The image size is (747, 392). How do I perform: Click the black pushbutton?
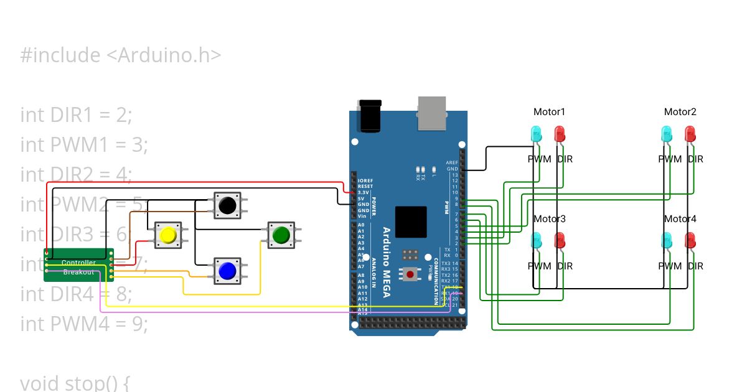227,205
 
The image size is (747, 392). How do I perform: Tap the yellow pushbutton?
167,235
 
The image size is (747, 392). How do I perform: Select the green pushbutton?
281,234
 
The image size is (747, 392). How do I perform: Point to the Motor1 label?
549,112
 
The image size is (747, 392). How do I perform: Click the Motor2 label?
680,112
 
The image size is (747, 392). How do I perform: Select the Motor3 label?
549,219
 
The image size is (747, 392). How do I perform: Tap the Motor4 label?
680,219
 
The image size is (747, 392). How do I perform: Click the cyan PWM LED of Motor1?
535,134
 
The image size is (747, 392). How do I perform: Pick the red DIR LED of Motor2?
690,134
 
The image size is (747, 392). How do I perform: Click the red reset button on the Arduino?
410,273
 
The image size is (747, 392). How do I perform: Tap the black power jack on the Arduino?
370,114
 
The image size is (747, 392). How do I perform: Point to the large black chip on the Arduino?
411,222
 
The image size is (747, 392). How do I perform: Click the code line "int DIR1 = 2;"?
77,114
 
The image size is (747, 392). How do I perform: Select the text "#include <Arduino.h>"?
121,55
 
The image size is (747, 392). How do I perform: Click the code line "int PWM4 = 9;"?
84,324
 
